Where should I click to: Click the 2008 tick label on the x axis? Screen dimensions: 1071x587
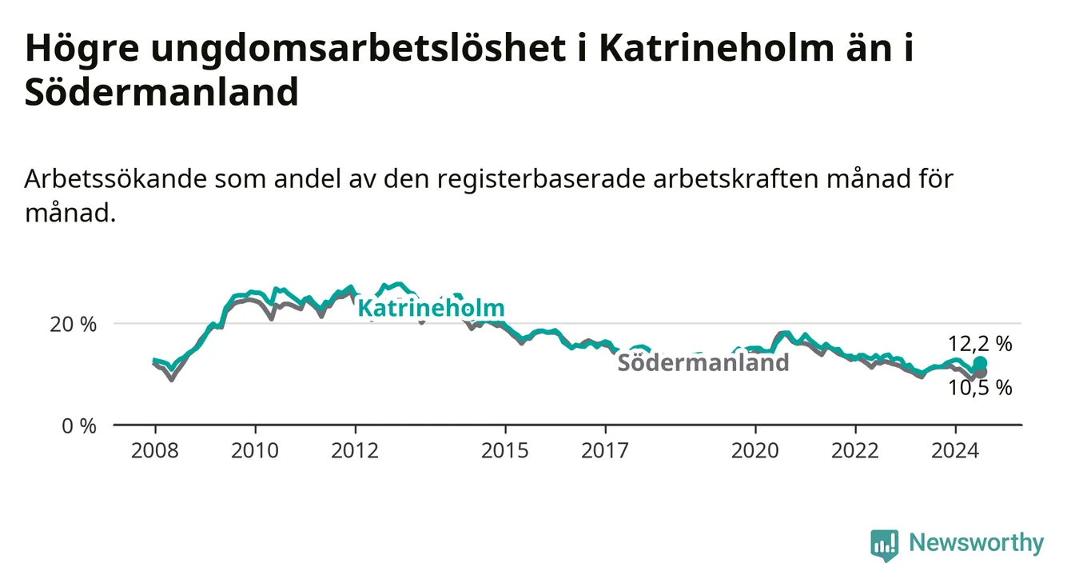[155, 451]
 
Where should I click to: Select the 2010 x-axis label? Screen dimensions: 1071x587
[255, 451]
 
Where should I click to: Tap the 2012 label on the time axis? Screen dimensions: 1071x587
[355, 451]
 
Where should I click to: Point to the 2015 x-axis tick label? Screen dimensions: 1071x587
[505, 451]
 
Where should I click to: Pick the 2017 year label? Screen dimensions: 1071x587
[605, 451]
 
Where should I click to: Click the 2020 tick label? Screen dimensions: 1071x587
[755, 451]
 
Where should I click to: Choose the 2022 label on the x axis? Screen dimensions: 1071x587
[855, 451]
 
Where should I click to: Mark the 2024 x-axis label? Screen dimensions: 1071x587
[955, 451]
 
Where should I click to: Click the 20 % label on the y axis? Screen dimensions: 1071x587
[74, 325]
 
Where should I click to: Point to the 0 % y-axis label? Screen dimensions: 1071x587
[79, 426]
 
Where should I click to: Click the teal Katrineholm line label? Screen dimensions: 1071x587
[432, 308]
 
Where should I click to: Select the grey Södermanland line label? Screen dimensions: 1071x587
[703, 362]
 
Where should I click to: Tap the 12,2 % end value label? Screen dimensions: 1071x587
[980, 344]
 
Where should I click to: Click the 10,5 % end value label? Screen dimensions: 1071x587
[980, 388]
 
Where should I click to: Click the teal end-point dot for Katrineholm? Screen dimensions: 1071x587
[980, 363]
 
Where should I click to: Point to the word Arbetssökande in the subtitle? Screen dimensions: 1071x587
[115, 179]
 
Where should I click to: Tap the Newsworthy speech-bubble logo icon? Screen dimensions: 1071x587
[885, 545]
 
